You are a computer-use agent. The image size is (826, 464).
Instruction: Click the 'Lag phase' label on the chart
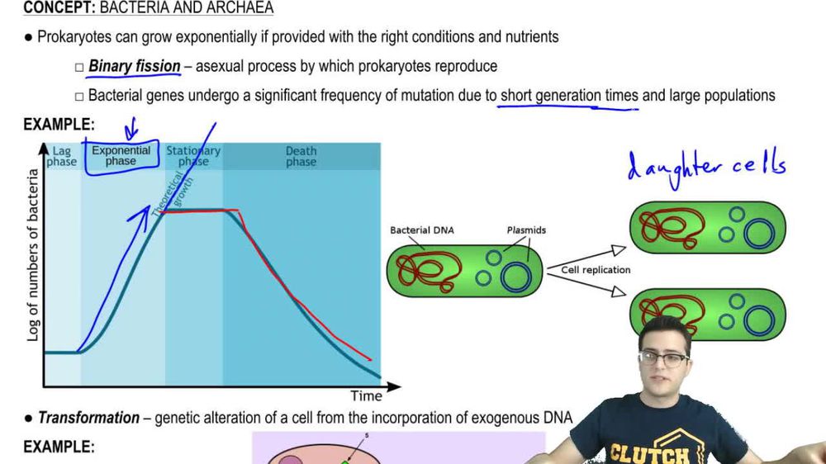click(x=61, y=156)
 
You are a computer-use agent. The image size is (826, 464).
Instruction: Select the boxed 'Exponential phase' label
click(x=121, y=156)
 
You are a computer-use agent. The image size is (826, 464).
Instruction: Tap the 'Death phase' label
click(x=301, y=156)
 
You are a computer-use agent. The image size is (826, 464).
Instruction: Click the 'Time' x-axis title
click(x=366, y=395)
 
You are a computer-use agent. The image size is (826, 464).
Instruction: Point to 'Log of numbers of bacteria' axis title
click(x=33, y=254)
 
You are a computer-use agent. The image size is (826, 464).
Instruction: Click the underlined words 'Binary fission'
click(x=134, y=66)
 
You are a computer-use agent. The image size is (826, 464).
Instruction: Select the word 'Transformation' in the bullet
click(x=88, y=418)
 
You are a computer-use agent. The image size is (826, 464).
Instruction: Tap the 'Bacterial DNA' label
click(x=421, y=230)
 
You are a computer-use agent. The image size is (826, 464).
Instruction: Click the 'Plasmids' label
click(x=525, y=230)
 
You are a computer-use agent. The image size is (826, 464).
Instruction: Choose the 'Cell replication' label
click(x=596, y=270)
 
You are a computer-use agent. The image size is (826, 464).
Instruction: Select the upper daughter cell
click(x=707, y=227)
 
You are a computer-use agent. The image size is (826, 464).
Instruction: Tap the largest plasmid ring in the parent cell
click(x=515, y=276)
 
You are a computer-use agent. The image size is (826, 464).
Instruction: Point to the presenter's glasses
click(x=663, y=359)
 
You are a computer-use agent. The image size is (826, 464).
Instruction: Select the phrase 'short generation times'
click(x=569, y=96)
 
